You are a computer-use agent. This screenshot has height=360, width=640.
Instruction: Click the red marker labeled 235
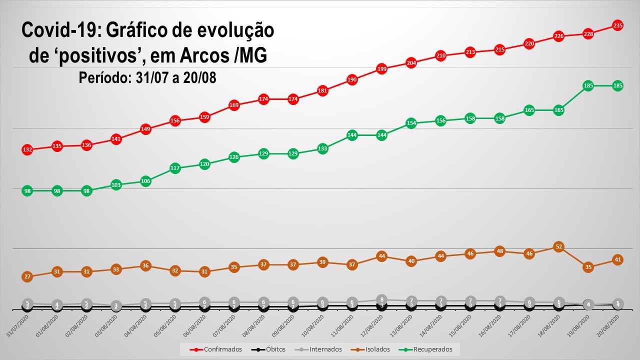(617, 25)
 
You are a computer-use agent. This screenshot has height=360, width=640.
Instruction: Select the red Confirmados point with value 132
(27, 149)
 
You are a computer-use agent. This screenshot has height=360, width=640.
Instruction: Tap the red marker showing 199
(381, 69)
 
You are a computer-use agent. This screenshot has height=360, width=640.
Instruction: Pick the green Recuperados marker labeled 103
(116, 185)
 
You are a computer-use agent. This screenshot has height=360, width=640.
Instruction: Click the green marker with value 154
(411, 123)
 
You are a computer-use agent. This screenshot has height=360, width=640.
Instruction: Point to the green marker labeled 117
(175, 168)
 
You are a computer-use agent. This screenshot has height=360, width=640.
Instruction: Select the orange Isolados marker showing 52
(558, 246)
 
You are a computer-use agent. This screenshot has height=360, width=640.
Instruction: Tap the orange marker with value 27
(27, 276)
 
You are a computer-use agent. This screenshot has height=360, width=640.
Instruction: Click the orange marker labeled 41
(617, 259)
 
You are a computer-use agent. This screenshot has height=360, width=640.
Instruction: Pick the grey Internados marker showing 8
(381, 299)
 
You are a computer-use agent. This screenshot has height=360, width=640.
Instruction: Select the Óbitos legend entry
(270, 349)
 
